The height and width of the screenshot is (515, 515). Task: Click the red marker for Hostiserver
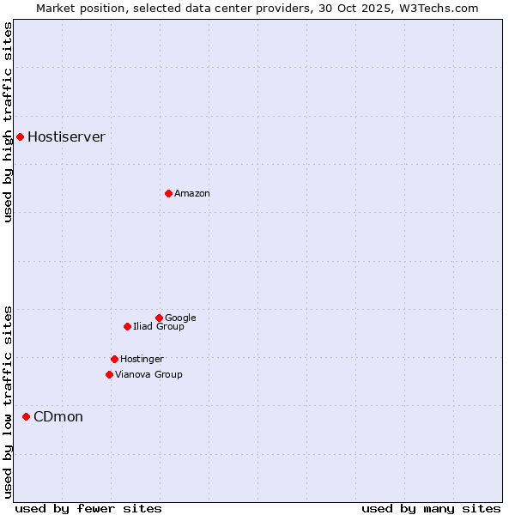click(20, 136)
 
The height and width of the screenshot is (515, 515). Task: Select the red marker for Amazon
click(168, 193)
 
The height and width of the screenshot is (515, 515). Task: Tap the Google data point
click(159, 318)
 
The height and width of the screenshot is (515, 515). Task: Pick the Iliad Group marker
click(127, 326)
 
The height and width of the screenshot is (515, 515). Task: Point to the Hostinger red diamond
click(114, 359)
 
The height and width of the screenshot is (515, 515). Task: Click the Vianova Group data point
click(109, 374)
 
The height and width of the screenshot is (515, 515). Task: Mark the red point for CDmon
click(26, 416)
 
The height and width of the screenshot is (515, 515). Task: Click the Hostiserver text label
click(66, 137)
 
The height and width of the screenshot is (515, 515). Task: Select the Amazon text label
click(191, 194)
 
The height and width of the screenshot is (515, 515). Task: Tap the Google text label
click(180, 318)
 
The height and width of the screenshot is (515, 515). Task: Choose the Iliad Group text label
click(158, 327)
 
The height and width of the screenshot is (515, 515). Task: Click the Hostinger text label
click(142, 360)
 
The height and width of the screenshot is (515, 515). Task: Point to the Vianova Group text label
click(148, 375)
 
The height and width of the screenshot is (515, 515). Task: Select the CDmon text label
click(58, 417)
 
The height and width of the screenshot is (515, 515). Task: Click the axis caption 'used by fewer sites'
click(88, 508)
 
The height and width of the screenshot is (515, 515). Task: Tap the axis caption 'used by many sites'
click(431, 508)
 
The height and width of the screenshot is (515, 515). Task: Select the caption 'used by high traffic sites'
click(9, 122)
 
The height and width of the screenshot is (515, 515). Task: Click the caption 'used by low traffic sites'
click(9, 401)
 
